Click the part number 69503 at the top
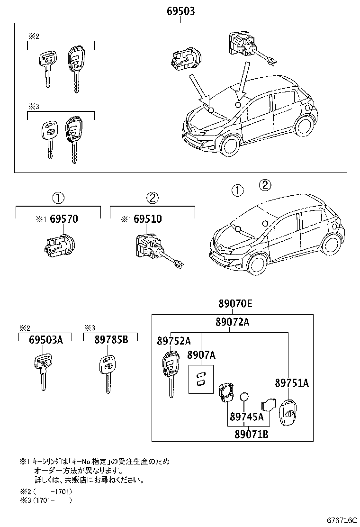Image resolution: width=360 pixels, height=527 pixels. tap(180, 11)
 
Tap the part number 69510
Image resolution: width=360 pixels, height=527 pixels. tap(147, 219)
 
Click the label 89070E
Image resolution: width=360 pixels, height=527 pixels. tap(235, 304)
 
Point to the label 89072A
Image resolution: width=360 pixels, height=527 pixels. tap(232, 322)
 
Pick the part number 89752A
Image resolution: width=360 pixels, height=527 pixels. tap(173, 341)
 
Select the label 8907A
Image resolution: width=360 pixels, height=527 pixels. tap(201, 355)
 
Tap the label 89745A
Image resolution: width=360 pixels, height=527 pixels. tap(246, 417)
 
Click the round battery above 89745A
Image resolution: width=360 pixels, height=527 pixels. tap(244, 397)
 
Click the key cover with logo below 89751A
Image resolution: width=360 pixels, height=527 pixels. tap(288, 412)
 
